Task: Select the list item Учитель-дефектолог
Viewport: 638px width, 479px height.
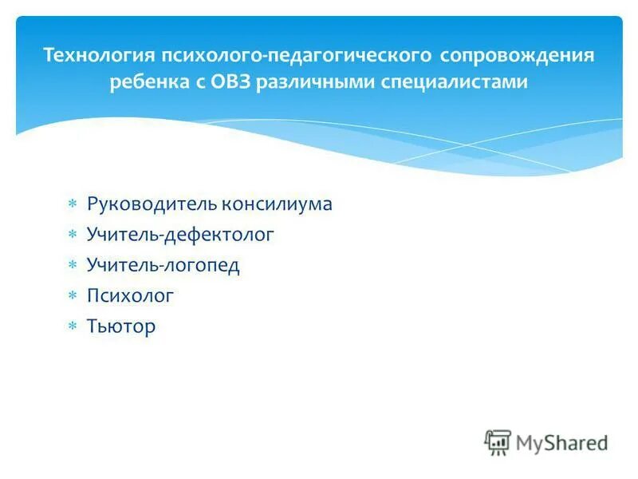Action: (180, 235)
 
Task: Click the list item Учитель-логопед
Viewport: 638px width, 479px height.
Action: (163, 265)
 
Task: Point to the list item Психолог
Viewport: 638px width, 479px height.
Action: (130, 296)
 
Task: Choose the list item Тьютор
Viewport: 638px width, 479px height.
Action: (121, 327)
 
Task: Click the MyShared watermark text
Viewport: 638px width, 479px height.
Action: (561, 441)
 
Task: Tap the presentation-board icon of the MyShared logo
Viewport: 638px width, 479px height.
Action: (498, 442)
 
